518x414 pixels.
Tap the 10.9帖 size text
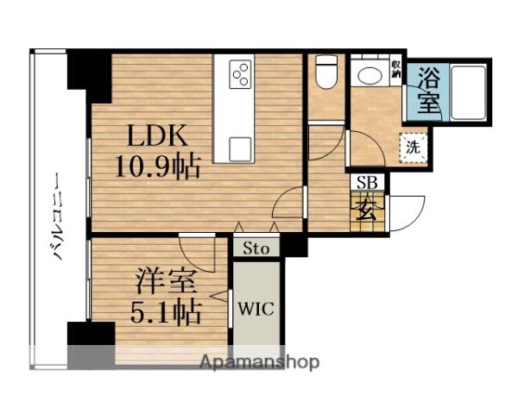point(159,165)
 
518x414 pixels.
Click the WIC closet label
point(256,309)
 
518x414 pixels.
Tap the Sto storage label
point(256,248)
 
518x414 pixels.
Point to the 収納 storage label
point(395,69)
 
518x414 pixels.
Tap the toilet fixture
point(326,73)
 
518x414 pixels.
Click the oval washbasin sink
point(370,76)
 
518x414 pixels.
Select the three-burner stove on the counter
point(241,76)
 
